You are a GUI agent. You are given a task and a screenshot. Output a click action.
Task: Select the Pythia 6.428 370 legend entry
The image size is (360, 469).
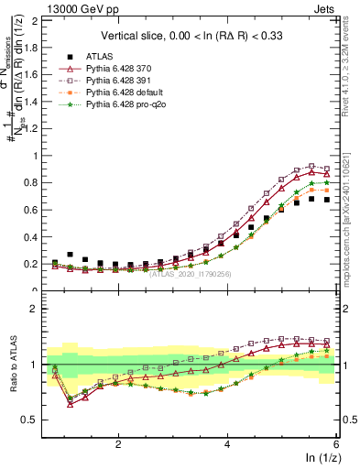[115, 68]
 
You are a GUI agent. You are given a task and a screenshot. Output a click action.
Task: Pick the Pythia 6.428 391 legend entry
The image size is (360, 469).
[115, 81]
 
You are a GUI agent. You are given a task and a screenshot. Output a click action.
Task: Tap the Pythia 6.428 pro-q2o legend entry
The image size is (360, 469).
[122, 106]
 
